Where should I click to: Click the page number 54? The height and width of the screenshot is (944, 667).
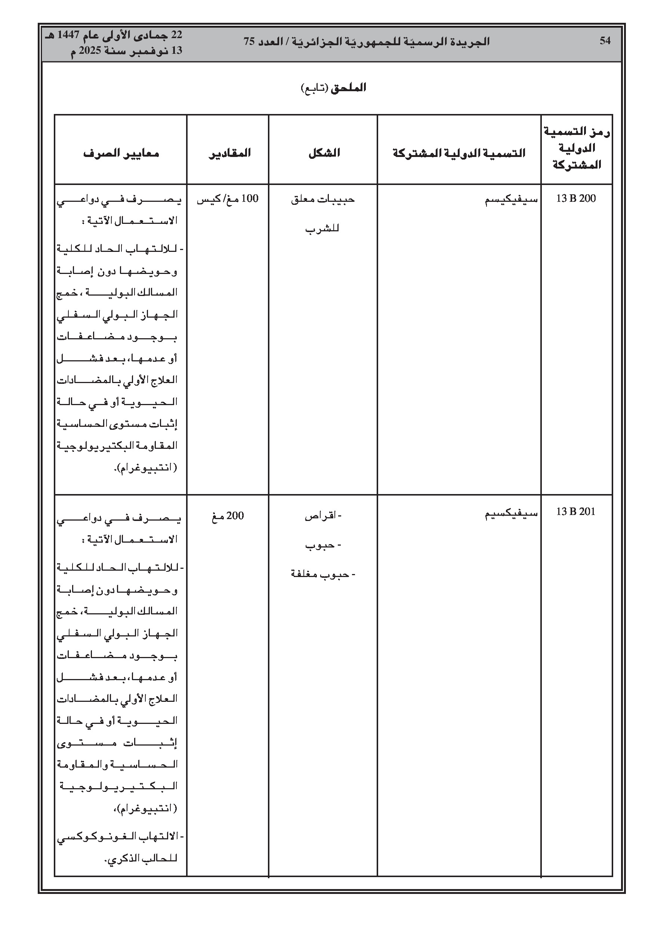click(x=605, y=41)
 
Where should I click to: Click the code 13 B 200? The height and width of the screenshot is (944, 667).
click(x=576, y=198)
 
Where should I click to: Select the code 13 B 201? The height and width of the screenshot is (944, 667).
click(x=576, y=512)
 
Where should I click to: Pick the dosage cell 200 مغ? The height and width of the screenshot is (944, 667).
click(x=228, y=516)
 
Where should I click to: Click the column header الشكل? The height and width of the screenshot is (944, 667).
click(x=324, y=153)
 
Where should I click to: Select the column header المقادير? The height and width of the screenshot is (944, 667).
click(x=229, y=153)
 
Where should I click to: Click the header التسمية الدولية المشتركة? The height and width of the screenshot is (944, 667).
click(x=459, y=153)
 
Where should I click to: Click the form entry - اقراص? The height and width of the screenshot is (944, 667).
click(x=323, y=516)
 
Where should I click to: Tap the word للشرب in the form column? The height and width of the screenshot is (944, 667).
click(x=322, y=229)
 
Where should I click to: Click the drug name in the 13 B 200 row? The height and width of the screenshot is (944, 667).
click(x=511, y=200)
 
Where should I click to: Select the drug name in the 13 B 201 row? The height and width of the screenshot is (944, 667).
click(x=511, y=513)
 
